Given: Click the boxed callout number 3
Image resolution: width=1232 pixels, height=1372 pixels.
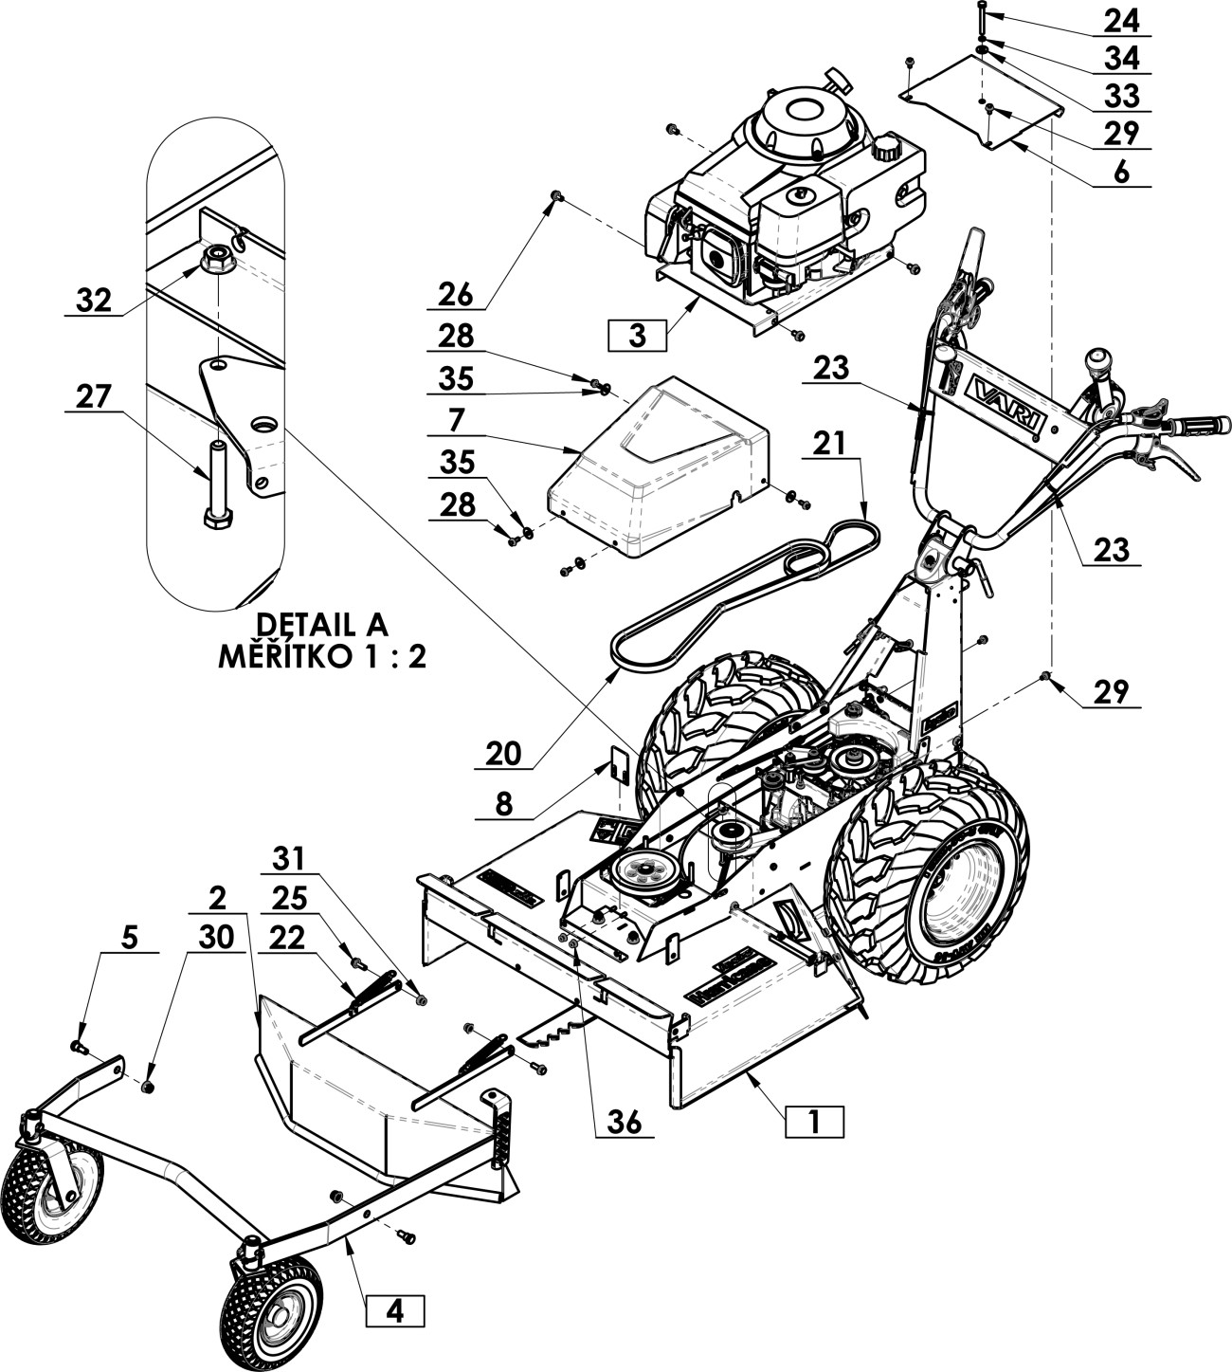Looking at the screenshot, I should [636, 336].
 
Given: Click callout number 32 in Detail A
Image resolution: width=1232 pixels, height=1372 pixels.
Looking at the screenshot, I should [94, 301].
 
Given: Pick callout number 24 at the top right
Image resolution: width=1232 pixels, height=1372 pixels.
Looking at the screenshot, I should [1121, 20].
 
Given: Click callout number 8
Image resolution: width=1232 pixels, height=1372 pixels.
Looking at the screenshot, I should [504, 804].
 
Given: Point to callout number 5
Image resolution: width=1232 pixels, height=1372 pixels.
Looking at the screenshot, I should [129, 937].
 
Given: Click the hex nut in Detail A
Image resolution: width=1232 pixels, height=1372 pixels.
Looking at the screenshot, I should [218, 256].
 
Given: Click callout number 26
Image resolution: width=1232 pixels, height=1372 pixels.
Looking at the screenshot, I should [456, 294].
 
